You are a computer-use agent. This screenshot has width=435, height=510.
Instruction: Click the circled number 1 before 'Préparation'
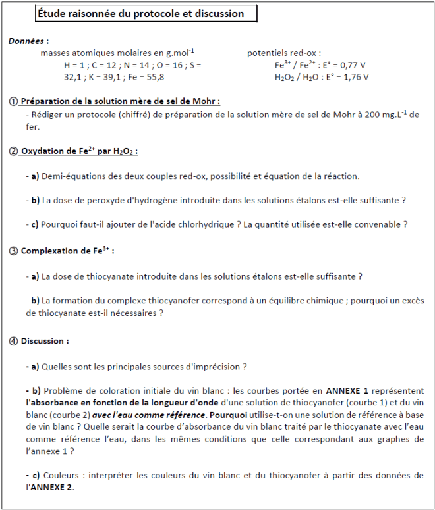(x=13, y=101)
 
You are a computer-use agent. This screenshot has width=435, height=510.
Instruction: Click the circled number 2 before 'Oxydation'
(x=13, y=151)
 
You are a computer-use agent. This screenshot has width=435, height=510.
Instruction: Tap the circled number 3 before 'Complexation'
(x=13, y=251)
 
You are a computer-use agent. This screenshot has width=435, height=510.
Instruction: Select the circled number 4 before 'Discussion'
(x=13, y=341)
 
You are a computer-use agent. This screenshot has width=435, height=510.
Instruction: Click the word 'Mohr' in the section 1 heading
(x=206, y=101)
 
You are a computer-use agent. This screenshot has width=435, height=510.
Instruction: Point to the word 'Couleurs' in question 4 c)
(x=60, y=476)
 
